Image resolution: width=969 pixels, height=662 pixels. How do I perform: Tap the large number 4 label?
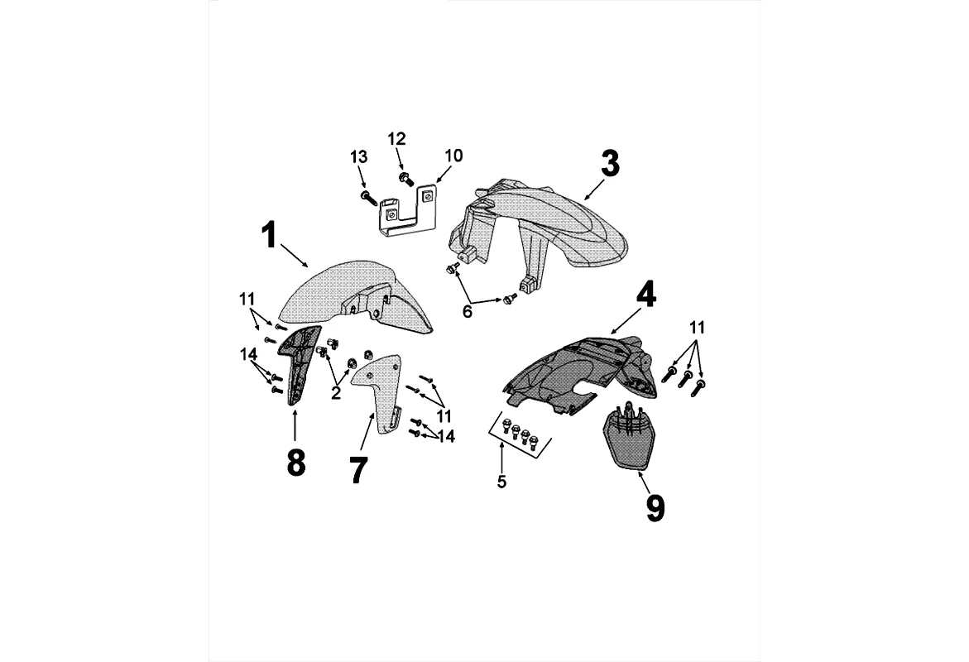pyautogui.click(x=645, y=294)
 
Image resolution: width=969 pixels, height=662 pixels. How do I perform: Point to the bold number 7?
pyautogui.click(x=357, y=470)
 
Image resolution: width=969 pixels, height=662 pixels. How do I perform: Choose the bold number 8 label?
pyautogui.click(x=295, y=463)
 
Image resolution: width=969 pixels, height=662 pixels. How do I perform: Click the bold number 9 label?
pyautogui.click(x=655, y=508)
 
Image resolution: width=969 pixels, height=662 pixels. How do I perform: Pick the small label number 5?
pyautogui.click(x=501, y=482)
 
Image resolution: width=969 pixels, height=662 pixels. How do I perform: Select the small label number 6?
pyautogui.click(x=468, y=310)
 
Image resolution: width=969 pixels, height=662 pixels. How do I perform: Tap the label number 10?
pyautogui.click(x=454, y=156)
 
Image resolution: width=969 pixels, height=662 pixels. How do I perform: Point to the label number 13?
pyautogui.click(x=358, y=156)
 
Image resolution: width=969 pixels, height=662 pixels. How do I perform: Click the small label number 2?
pyautogui.click(x=336, y=393)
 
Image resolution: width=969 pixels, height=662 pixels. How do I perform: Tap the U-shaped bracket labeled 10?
pyautogui.click(x=407, y=211)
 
